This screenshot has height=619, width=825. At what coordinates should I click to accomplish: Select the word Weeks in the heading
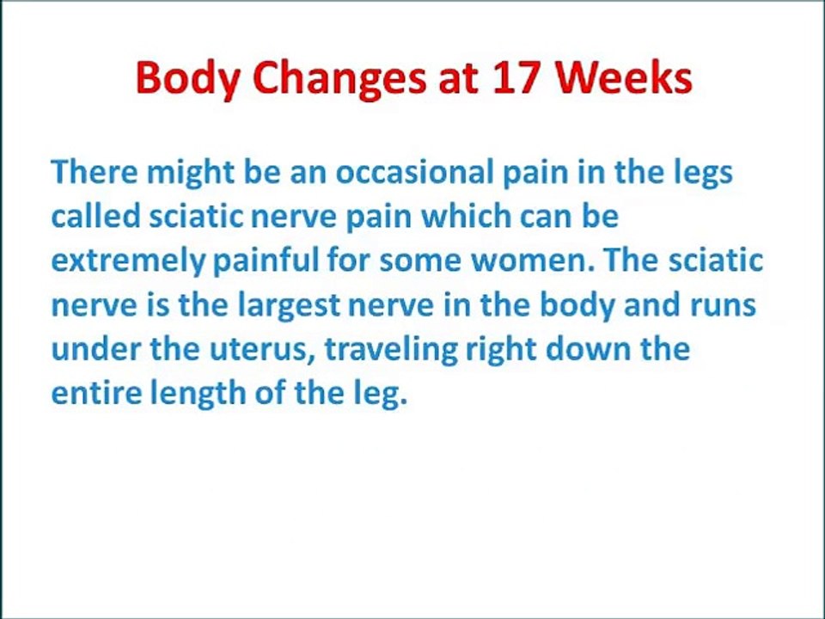click(x=623, y=78)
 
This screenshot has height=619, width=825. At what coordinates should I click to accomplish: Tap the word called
click(x=95, y=217)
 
